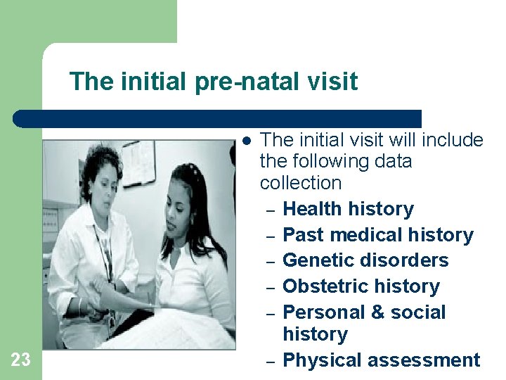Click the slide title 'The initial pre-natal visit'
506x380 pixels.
click(x=214, y=82)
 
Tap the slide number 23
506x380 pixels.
click(x=21, y=360)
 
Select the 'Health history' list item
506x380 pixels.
click(x=348, y=209)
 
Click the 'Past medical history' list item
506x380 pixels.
click(x=377, y=234)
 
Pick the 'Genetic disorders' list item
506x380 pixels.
click(x=365, y=260)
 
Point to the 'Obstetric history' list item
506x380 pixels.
click(x=361, y=286)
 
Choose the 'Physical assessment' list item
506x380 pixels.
click(x=381, y=360)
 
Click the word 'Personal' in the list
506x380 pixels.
click(x=320, y=312)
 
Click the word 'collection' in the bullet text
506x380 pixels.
click(x=300, y=183)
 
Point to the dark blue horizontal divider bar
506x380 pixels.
click(x=218, y=118)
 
